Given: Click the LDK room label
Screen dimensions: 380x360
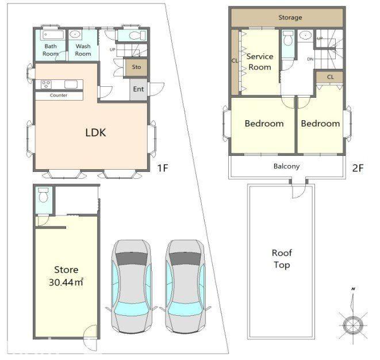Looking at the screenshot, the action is (x=96, y=133).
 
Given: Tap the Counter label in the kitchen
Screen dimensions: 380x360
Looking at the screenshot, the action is (x=59, y=95).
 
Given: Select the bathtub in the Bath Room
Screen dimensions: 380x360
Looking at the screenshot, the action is (x=53, y=35).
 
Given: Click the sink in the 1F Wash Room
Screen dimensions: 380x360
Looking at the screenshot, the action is (x=75, y=35).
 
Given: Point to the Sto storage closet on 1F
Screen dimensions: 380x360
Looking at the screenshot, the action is (x=136, y=67).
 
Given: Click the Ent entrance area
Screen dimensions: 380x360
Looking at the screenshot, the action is (x=139, y=89).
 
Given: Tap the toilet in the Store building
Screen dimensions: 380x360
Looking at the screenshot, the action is (x=44, y=195).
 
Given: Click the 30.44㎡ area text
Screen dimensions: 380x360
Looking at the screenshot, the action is (x=66, y=282).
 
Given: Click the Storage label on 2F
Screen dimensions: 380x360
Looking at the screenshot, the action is (x=290, y=17).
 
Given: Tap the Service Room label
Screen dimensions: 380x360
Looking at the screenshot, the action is (x=260, y=62).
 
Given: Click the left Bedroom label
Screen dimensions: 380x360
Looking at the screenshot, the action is (x=264, y=124).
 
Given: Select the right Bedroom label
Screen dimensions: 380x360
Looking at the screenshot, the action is (x=320, y=124).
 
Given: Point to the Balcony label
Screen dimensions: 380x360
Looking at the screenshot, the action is (x=286, y=166).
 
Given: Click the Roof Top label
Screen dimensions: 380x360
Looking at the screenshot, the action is (x=282, y=259).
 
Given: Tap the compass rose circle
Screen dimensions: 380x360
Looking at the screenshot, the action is (x=353, y=325).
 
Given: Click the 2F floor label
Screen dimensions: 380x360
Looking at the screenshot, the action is (x=358, y=168).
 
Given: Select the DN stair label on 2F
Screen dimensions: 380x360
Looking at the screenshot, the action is (x=310, y=59).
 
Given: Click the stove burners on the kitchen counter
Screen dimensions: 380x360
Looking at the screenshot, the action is (x=46, y=85).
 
